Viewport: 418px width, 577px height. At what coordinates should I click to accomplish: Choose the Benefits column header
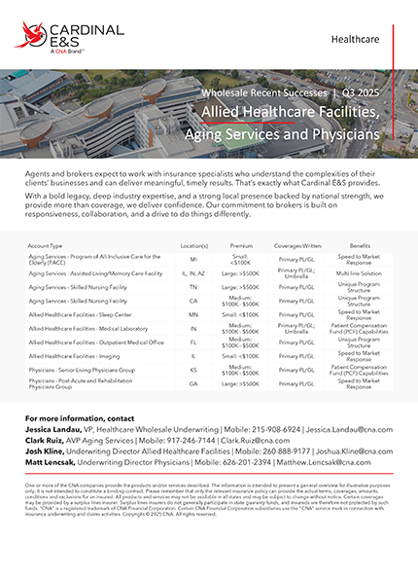[360, 247]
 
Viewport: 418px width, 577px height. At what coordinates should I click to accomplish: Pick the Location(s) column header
[194, 247]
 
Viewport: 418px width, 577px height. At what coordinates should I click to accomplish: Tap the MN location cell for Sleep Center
[194, 315]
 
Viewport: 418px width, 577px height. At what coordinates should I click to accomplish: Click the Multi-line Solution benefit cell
[360, 274]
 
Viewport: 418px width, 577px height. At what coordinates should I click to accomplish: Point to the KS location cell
[194, 370]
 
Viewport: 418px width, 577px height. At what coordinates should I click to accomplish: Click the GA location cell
[194, 383]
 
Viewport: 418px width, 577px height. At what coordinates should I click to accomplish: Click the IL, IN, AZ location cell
[194, 274]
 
